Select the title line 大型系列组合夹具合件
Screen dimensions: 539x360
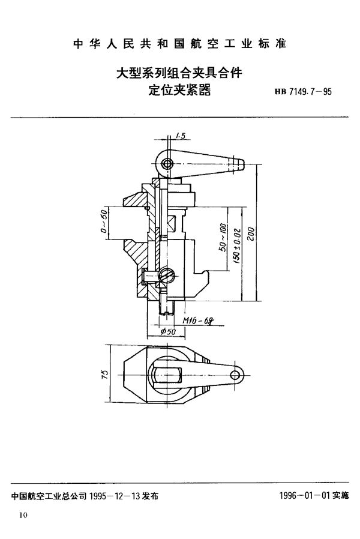179,74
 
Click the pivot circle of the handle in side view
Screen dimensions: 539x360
168,163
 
